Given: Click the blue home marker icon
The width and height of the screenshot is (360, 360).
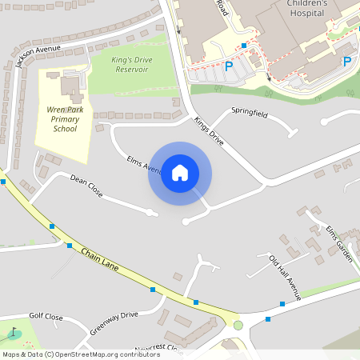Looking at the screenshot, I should [180, 173].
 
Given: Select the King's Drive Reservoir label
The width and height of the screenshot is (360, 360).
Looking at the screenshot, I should [120, 64].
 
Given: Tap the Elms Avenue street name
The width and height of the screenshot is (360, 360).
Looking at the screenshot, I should [144, 164].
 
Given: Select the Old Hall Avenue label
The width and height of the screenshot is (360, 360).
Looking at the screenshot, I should [285, 277].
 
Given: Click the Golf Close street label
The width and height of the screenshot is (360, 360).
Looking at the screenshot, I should [46, 317].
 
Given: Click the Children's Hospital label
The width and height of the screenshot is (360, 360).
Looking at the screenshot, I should [306, 8].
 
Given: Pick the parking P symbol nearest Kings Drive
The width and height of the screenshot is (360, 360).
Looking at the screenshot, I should [229, 67].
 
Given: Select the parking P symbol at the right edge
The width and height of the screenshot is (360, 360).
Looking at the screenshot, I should [347, 62].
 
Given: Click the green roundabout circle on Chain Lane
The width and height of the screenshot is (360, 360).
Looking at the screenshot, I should [238, 325].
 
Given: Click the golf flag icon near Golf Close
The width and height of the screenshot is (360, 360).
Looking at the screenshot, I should [12, 332].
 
